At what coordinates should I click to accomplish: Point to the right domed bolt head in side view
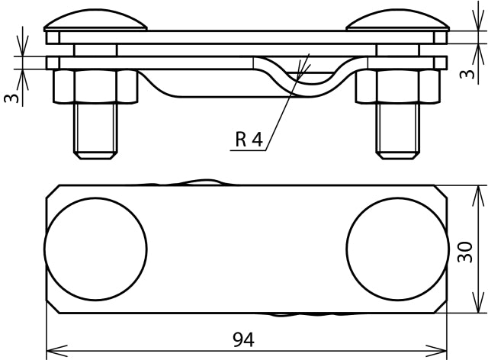point(396,21)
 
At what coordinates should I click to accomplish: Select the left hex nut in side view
point(95,87)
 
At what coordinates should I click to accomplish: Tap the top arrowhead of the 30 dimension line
point(478,191)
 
